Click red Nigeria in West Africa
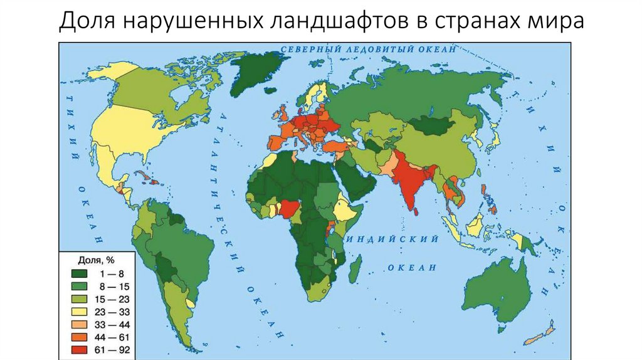coord(290,206)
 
